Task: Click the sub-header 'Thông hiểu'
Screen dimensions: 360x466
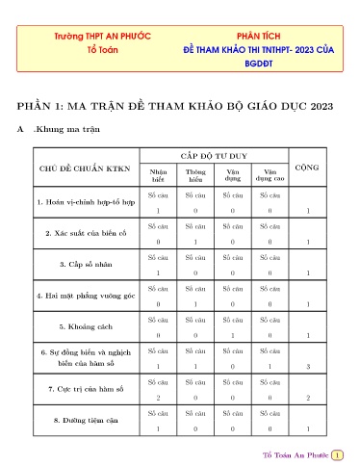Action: (195, 175)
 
